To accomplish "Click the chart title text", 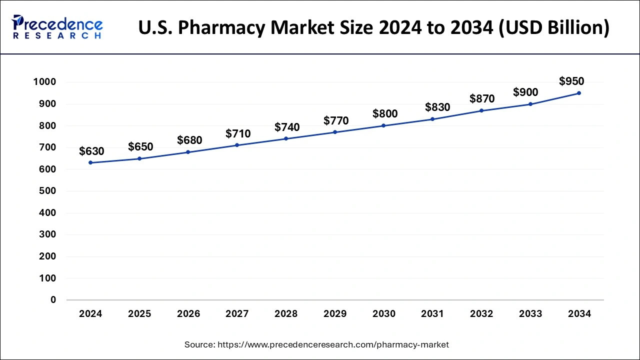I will point(374,27).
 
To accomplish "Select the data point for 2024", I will point(90,162).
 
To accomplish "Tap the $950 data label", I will point(571,81).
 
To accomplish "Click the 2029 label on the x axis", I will point(335,314).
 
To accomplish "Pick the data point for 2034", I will point(579,93).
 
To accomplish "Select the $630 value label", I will point(91,151).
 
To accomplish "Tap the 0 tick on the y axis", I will point(53,300).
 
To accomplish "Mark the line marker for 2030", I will point(383,125).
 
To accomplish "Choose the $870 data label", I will point(482,99).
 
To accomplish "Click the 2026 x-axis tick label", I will point(188,314).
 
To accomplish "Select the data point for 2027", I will point(237,145).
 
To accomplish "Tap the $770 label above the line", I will point(336,120).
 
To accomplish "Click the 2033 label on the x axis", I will point(530,314).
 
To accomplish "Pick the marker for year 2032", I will point(481,110).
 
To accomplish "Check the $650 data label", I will point(140,146).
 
